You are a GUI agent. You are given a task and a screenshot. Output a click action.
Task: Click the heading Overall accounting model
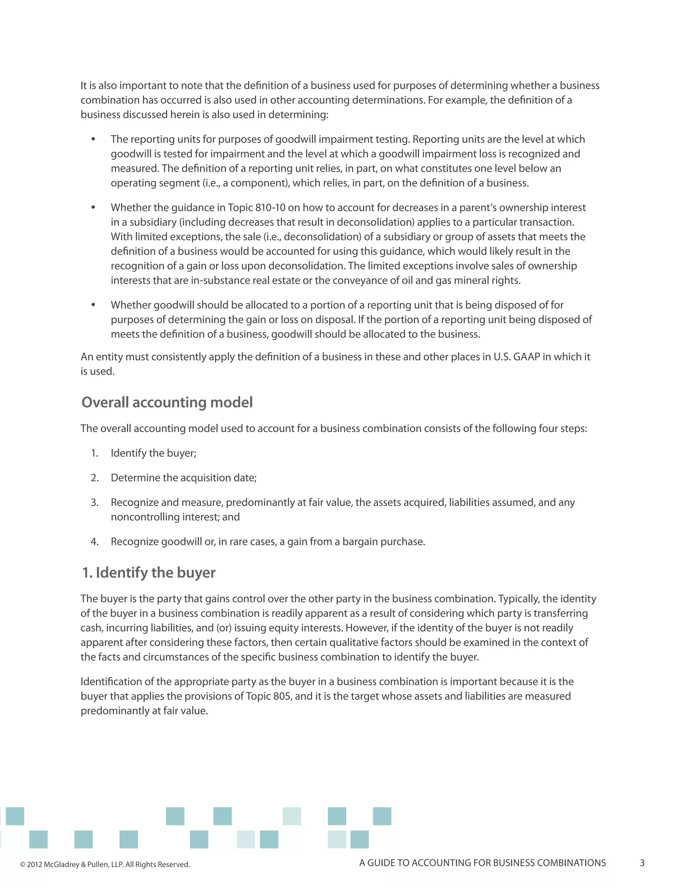point(167,402)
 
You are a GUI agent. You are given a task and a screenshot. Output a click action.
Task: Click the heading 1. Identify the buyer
point(149,573)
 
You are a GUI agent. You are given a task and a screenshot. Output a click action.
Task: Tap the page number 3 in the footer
point(642,863)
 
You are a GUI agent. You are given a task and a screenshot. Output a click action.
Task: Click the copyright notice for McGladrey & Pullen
point(105,864)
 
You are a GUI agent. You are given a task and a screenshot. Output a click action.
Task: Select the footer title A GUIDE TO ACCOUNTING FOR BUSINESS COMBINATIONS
point(482,863)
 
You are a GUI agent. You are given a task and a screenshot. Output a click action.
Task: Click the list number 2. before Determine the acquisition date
point(95,478)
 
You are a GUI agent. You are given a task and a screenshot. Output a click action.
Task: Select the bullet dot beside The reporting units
point(93,139)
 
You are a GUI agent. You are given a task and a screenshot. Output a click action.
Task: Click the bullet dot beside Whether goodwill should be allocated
point(93,305)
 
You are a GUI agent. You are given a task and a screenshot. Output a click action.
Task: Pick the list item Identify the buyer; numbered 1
point(154,453)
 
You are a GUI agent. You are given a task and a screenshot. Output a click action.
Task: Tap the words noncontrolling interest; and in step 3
point(175,517)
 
